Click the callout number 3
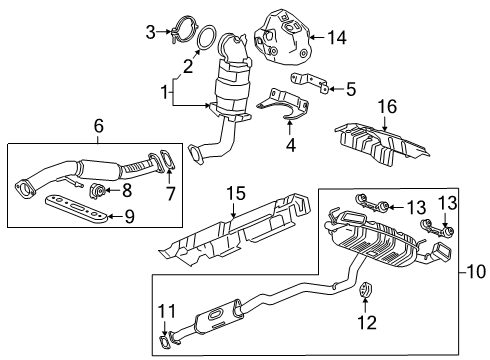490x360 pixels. click(x=150, y=34)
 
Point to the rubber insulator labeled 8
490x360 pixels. click(x=100, y=190)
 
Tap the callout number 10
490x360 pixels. click(x=473, y=270)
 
